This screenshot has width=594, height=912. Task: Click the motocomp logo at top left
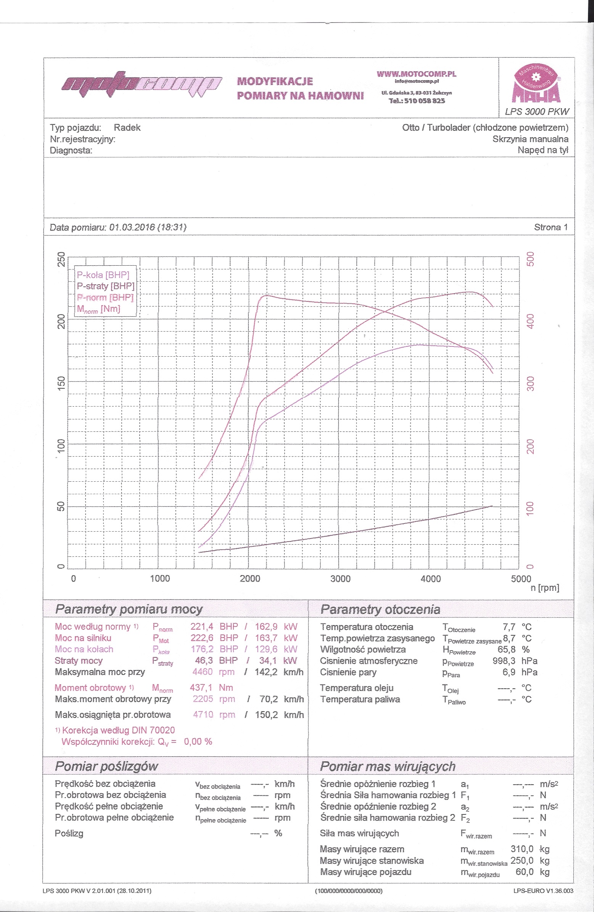coord(142,84)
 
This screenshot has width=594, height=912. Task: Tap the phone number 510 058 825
coord(417,101)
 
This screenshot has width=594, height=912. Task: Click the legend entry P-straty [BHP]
coord(105,286)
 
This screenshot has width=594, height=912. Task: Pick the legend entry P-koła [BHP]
coord(103,275)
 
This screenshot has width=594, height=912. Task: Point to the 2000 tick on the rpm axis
coord(250,579)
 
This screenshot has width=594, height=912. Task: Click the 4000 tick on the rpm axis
coord(430,579)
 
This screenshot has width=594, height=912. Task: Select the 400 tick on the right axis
coord(530,321)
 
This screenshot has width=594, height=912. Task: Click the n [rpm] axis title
coord(544,588)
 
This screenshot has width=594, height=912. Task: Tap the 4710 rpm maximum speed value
coord(203,715)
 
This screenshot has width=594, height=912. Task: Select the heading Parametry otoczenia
coord(380,609)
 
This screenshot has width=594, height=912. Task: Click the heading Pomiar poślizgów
coord(106,766)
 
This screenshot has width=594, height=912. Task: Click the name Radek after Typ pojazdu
coord(127,128)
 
